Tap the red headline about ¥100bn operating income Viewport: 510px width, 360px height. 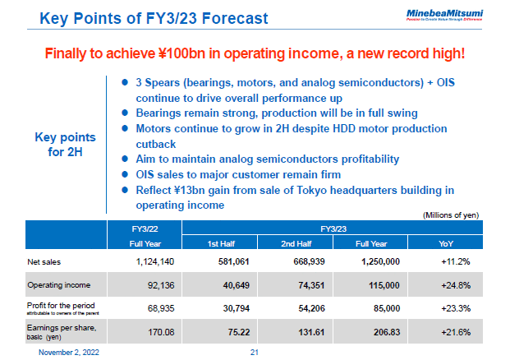[x=255, y=54]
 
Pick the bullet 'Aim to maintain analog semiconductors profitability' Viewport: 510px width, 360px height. [x=267, y=159]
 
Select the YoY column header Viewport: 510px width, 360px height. [x=451, y=243]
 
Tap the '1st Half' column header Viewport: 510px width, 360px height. [x=224, y=243]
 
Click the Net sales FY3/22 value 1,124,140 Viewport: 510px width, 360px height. [x=153, y=261]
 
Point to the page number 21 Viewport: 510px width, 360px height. [x=254, y=352]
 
